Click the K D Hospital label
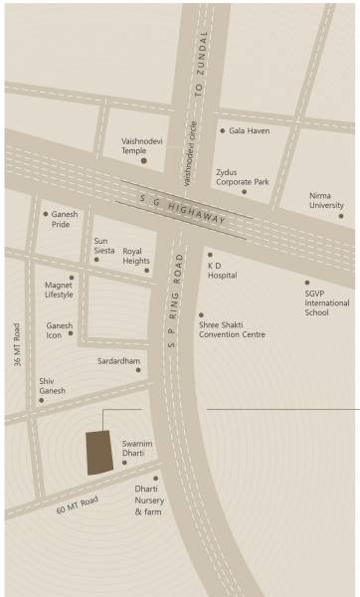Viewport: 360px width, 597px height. click(x=223, y=271)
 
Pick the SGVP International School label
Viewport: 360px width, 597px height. click(x=316, y=298)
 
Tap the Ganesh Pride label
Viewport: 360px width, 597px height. click(x=68, y=220)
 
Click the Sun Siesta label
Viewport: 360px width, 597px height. click(x=104, y=246)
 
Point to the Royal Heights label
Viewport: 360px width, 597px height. click(x=136, y=257)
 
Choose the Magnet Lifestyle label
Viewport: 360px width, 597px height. click(x=60, y=291)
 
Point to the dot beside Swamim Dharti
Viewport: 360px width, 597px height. click(x=125, y=463)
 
